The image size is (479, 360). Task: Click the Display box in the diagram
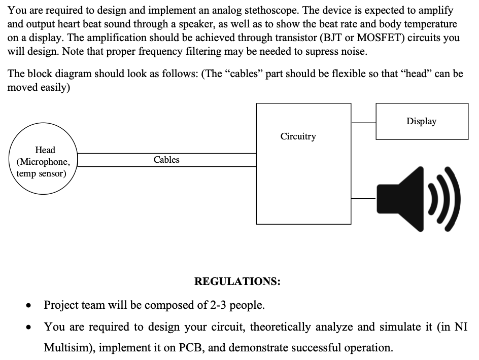point(422,121)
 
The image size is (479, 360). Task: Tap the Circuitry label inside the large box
point(298,136)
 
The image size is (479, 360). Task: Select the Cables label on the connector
point(166,160)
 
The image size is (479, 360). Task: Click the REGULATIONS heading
point(237,281)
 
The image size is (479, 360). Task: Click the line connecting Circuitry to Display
point(363,122)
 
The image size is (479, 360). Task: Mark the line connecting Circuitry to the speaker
point(363,199)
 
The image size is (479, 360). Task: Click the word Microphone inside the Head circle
point(43,162)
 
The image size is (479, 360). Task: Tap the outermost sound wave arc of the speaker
point(454,198)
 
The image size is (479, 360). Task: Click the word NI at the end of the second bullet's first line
point(460,327)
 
